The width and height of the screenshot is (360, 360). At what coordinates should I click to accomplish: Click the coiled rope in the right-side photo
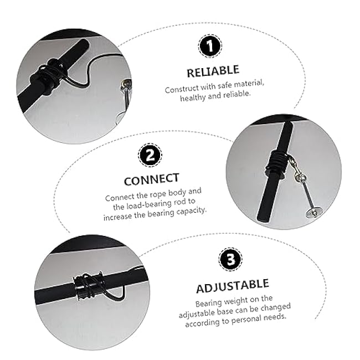[x=277, y=164]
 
